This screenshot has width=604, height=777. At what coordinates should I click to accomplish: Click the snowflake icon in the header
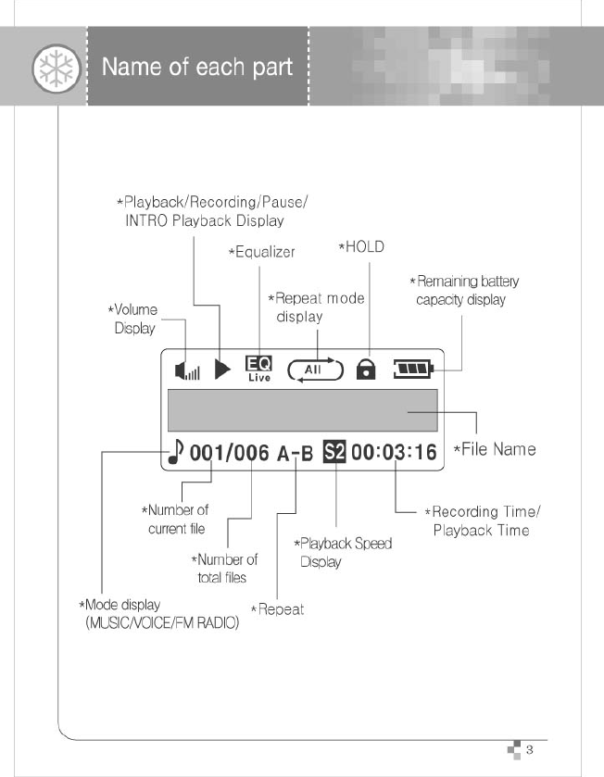49,69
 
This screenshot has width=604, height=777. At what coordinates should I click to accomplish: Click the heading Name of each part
196,68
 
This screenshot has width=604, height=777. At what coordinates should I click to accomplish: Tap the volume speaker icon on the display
187,370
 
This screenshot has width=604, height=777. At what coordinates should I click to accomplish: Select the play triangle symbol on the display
222,370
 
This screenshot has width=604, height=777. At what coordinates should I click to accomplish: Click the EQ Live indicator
258,370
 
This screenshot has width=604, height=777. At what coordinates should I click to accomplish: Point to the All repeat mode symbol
316,370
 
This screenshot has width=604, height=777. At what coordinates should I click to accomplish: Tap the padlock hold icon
367,370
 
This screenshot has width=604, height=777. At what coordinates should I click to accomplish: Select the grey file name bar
302,410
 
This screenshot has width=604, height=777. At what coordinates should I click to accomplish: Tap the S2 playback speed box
333,452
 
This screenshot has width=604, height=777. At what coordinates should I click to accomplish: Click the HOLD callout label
361,247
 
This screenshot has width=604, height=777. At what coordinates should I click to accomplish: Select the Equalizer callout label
261,252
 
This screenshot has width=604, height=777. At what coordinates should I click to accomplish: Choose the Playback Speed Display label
343,552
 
